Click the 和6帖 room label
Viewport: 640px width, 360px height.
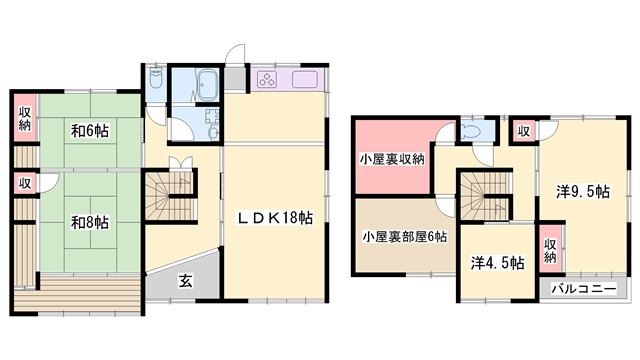[90, 131]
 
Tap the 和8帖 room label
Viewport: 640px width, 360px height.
[90, 222]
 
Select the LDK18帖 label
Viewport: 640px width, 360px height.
[276, 218]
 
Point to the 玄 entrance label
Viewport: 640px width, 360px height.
[186, 281]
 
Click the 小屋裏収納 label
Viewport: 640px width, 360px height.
[392, 159]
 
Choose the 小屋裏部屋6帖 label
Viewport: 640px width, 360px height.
[404, 236]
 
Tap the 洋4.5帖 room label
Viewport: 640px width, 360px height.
[497, 263]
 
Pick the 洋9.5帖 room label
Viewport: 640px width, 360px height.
[583, 191]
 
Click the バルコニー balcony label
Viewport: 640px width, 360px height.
[584, 289]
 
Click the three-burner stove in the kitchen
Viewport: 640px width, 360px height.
[268, 80]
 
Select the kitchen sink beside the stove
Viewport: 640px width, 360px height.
[304, 80]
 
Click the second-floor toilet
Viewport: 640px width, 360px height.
[472, 130]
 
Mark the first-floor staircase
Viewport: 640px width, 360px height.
[169, 196]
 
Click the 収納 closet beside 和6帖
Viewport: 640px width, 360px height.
[25, 118]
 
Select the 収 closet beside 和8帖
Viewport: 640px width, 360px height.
[25, 183]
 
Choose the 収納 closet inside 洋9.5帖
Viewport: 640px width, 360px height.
[550, 250]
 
